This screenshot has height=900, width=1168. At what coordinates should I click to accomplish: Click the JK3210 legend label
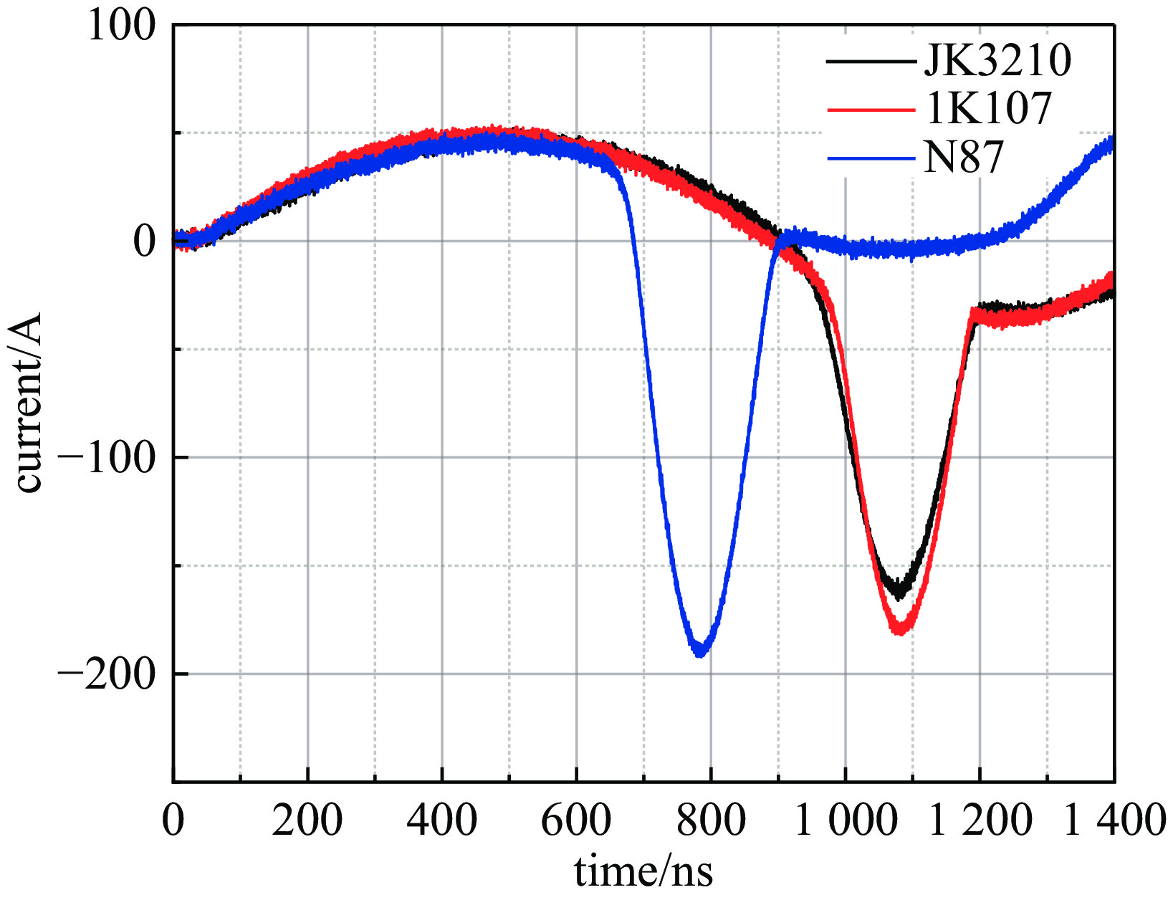tap(997, 60)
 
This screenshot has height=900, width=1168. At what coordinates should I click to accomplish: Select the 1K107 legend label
tap(987, 108)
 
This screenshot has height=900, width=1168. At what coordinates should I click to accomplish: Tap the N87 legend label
tap(963, 157)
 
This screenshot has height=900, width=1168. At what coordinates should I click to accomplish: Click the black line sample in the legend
tap(871, 61)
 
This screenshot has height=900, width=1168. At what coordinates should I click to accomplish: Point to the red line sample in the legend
tap(871, 109)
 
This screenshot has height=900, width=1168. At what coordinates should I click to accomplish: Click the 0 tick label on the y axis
tap(143, 242)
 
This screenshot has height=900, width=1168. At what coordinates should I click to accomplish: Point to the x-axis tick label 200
tap(307, 820)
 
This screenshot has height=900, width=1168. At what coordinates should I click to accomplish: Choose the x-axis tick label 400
tap(441, 820)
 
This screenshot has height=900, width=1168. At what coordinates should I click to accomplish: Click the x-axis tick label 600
tap(576, 820)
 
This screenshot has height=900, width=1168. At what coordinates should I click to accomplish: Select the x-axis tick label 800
tap(711, 820)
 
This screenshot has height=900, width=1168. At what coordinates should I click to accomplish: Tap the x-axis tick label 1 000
tap(846, 820)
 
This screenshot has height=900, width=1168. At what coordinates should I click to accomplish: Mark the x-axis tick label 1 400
tap(1114, 820)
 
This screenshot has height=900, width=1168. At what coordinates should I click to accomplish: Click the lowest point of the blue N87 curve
tap(700, 653)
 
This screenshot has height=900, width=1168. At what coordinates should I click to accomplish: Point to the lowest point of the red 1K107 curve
tap(901, 631)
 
